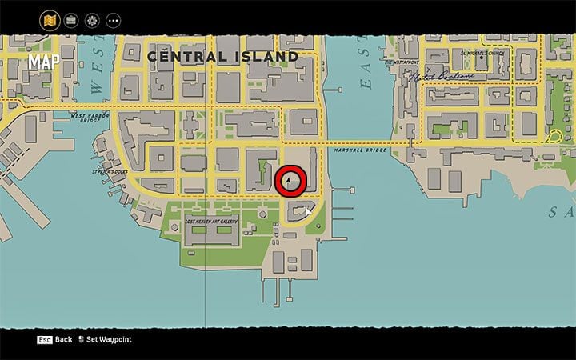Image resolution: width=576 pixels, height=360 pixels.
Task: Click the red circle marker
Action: point(290,182)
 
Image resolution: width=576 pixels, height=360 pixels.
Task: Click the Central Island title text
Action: point(222,57)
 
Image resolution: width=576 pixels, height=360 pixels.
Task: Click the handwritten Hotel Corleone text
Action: point(442,78)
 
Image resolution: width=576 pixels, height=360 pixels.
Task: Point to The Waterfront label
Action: point(402,62)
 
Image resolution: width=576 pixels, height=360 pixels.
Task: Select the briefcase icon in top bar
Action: point(71,18)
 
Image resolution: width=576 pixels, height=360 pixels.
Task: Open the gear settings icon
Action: point(92,18)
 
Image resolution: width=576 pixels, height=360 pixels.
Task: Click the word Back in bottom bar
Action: point(64,339)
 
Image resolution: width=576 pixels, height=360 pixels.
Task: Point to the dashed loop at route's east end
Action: point(552,137)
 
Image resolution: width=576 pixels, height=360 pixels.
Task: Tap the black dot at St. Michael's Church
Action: point(450,57)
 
